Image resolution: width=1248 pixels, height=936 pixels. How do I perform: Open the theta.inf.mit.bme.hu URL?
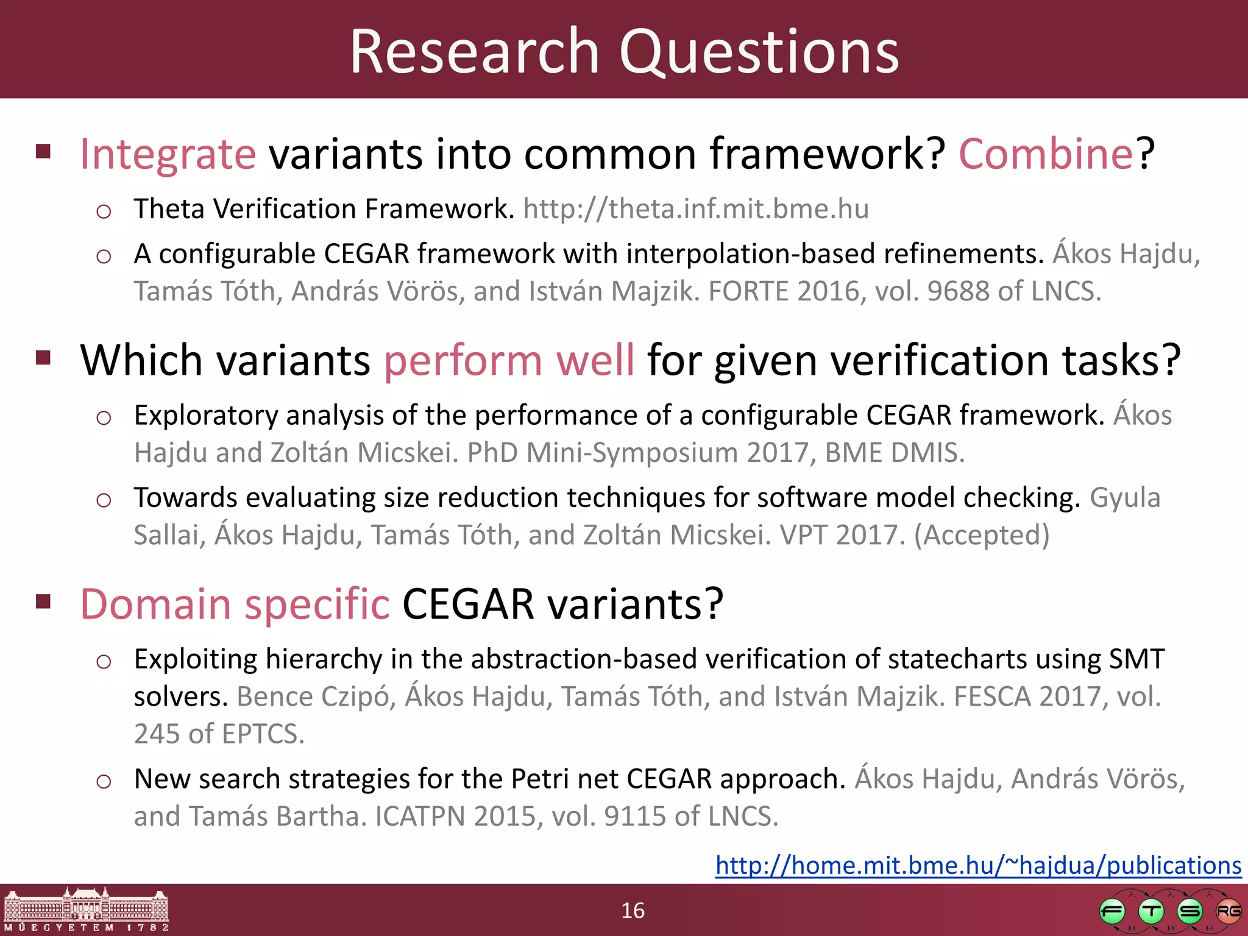click(696, 209)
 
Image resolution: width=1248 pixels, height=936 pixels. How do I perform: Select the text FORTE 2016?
click(784, 291)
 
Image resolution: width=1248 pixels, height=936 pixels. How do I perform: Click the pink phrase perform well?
click(509, 360)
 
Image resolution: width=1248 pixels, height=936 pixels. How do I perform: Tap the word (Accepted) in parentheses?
click(981, 535)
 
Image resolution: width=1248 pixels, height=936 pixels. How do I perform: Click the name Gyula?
click(1125, 498)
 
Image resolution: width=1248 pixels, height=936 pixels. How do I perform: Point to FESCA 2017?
click(1030, 697)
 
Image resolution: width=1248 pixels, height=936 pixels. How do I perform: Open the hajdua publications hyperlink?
click(978, 865)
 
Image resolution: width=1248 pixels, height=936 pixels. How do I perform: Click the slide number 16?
click(633, 910)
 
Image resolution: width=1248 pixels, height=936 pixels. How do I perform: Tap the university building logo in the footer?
click(85, 909)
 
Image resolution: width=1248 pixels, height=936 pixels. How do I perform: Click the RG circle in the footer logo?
click(1228, 912)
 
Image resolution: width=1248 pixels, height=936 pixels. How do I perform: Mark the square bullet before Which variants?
click(43, 358)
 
